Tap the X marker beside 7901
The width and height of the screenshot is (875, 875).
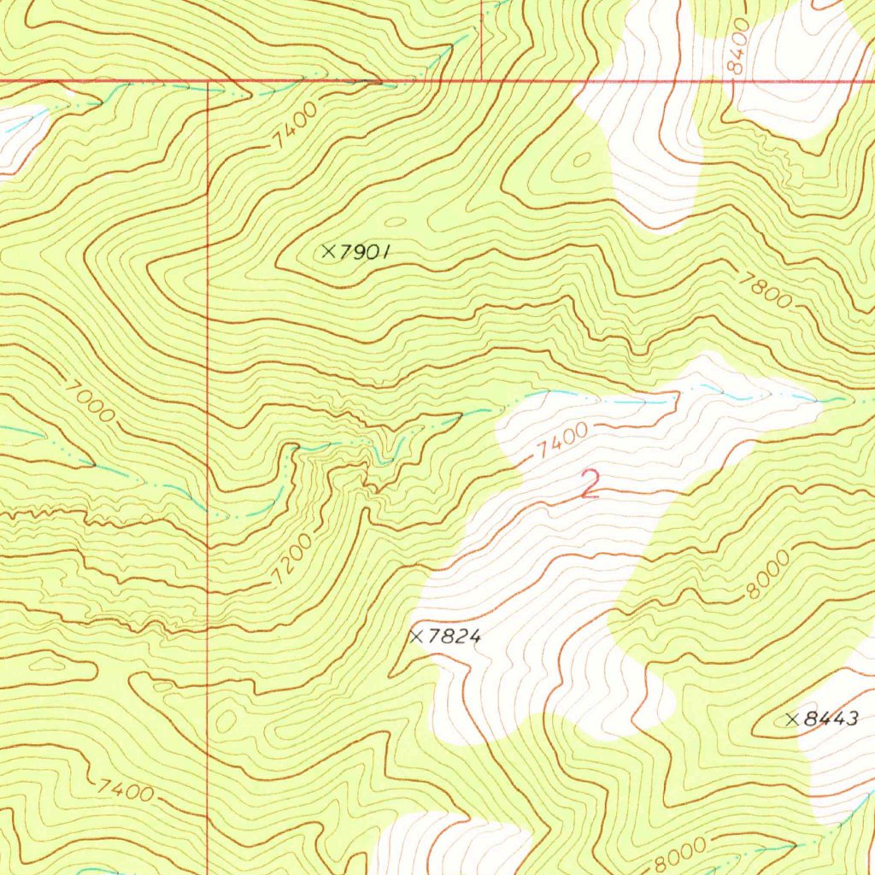[328, 250]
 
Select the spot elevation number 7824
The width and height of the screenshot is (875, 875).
[455, 637]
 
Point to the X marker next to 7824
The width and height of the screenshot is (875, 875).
[417, 636]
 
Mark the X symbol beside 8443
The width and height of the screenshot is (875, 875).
[791, 719]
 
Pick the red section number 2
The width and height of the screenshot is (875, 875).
[589, 484]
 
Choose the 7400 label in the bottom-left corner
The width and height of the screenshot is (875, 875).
[126, 790]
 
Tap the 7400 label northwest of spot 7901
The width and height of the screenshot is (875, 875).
[296, 125]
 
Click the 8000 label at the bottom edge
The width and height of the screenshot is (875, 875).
[680, 853]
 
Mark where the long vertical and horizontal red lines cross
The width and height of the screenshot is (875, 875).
[208, 83]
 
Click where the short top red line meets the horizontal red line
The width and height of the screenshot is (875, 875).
[482, 82]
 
